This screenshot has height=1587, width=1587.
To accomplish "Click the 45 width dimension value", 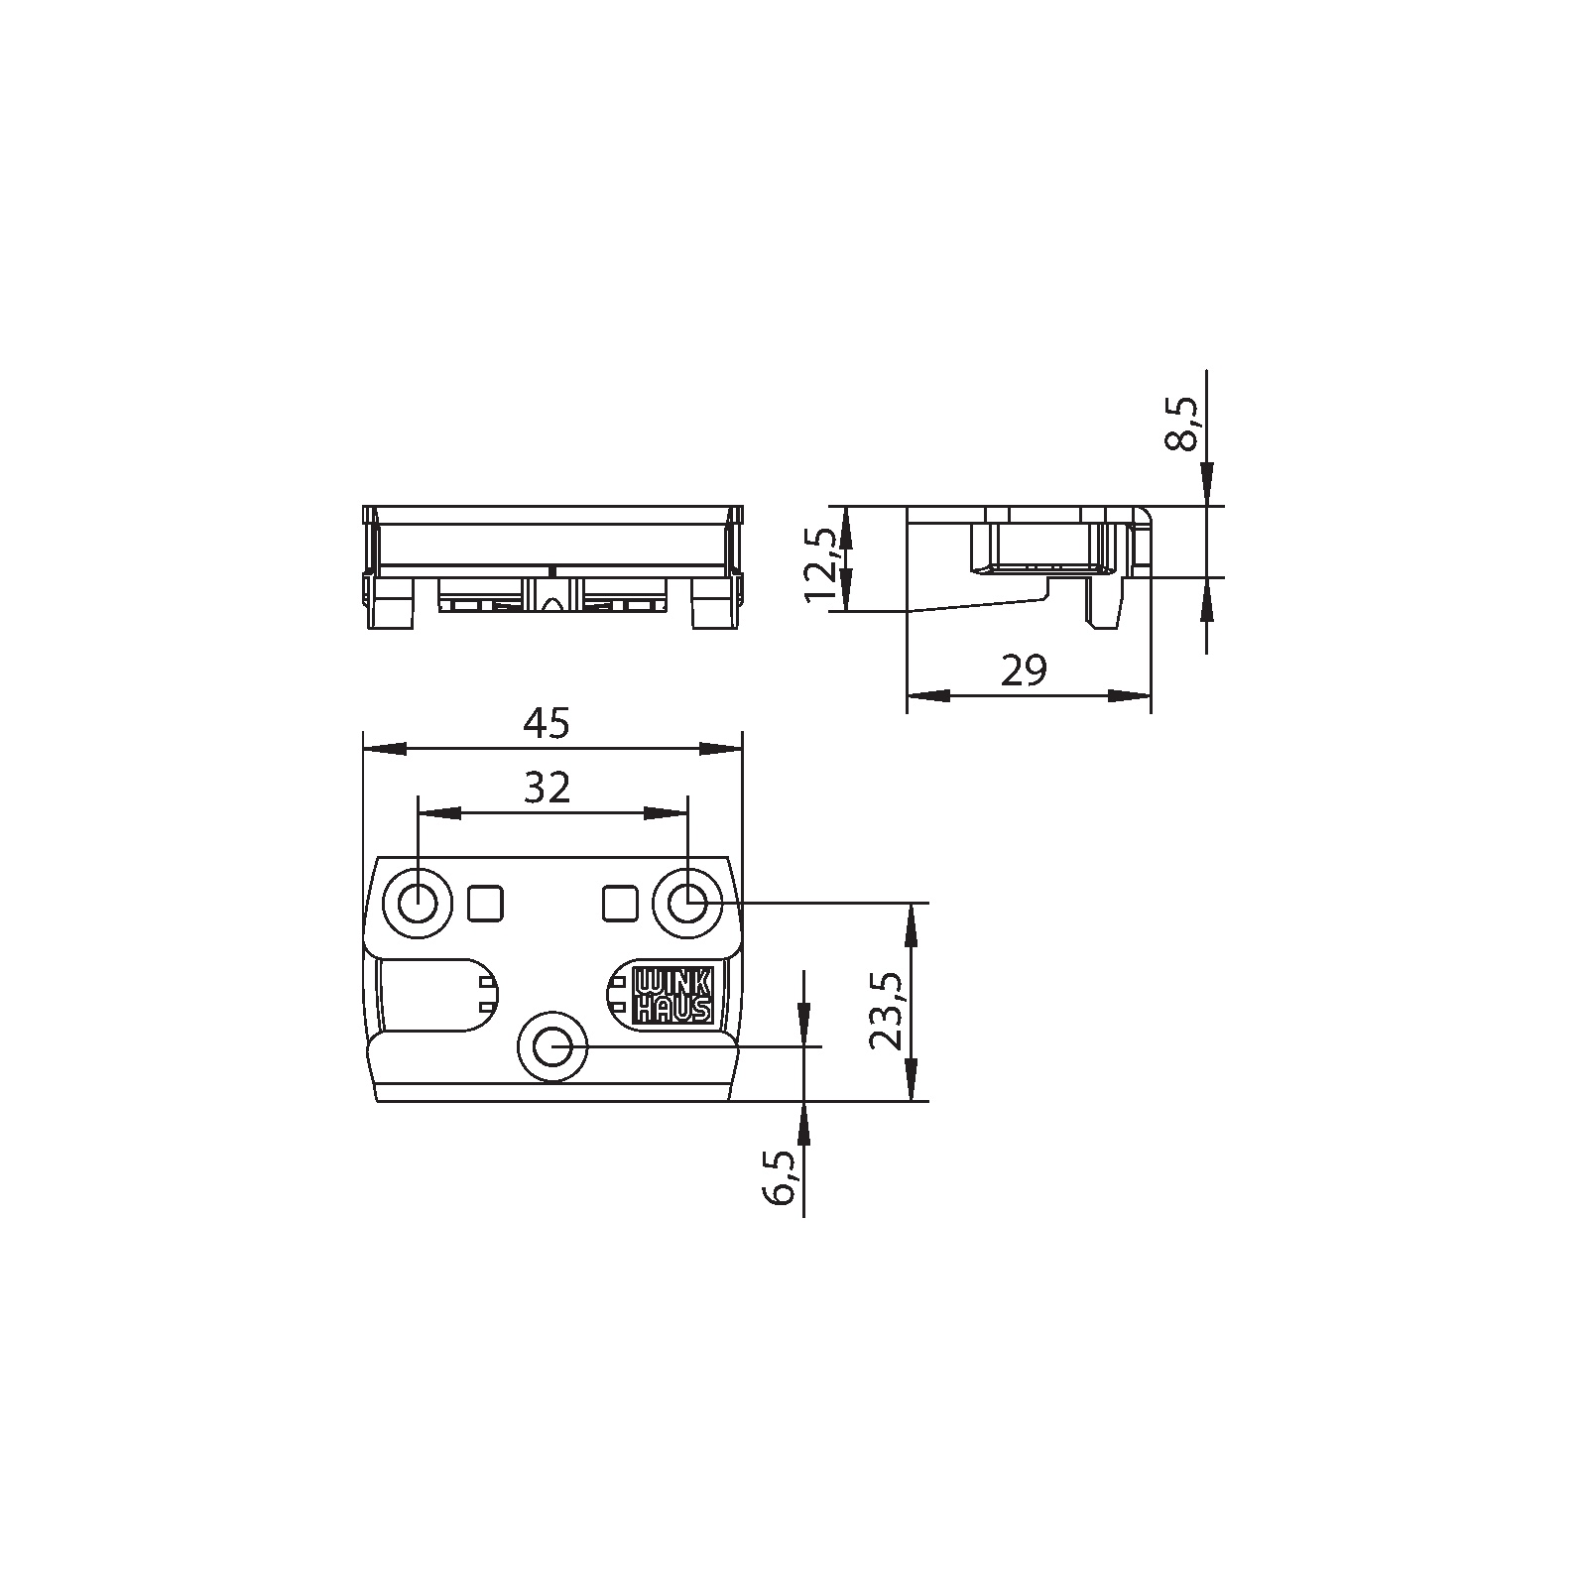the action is [548, 724].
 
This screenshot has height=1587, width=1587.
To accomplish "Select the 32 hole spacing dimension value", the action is [548, 788].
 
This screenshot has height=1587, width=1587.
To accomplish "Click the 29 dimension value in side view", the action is [1024, 671].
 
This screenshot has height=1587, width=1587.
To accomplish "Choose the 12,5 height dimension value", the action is [822, 564].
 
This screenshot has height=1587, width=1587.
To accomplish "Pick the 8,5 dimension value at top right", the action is [1181, 424].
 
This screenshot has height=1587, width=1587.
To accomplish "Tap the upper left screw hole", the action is [418, 903].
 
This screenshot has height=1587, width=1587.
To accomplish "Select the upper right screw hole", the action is [686, 903].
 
